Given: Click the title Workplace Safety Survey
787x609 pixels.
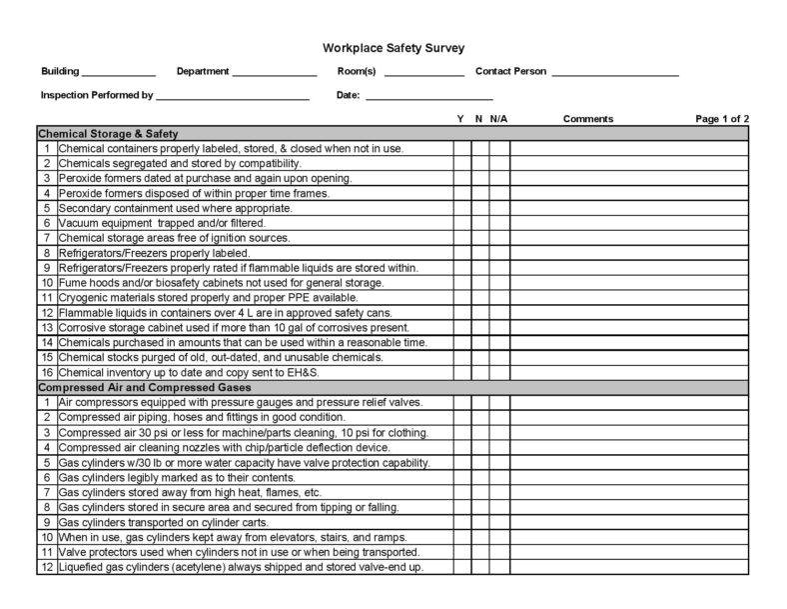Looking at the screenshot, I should pos(393,47).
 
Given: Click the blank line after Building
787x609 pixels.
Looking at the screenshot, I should pos(118,74).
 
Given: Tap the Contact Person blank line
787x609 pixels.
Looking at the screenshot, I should pos(614,74).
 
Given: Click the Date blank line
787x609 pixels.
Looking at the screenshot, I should pos(429,98).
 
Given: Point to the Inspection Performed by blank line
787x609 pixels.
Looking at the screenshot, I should pos(232,98).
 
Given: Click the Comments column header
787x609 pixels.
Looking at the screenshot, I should pos(587,119).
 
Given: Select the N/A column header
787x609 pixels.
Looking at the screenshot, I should pos(498,119).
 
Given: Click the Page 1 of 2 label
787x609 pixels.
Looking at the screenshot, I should pos(722,119).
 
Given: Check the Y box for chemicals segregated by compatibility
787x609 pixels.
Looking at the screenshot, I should pos(461,163).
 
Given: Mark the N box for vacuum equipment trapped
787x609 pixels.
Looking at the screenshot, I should pos(479,223).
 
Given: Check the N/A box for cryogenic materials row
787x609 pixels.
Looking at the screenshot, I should pos(498,297).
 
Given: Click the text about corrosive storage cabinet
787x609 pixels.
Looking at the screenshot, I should pos(233,327).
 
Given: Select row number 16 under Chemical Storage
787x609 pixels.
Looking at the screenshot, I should pos(46,372).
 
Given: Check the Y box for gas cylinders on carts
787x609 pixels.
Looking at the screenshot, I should pos(461,522).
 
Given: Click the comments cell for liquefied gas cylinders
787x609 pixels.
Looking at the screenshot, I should pos(628,567).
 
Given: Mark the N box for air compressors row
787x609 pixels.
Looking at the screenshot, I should pos(479,402).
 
